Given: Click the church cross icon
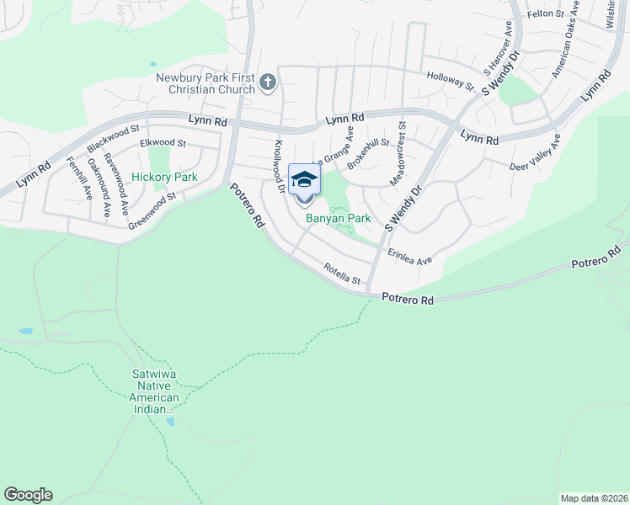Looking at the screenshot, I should pos(268,82).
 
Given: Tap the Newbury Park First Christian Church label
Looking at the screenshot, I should pos(206,83).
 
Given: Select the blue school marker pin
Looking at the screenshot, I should pos(304,180).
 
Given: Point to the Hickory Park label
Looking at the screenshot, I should pos(164,178).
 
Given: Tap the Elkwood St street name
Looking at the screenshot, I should pos(162,144).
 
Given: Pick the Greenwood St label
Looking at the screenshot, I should pos(152,210).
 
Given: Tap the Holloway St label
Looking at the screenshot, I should pos(451,79).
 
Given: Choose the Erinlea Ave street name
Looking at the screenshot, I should pos(409,256).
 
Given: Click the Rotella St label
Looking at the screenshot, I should pos(342,274).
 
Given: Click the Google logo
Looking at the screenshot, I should pos(28,495).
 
